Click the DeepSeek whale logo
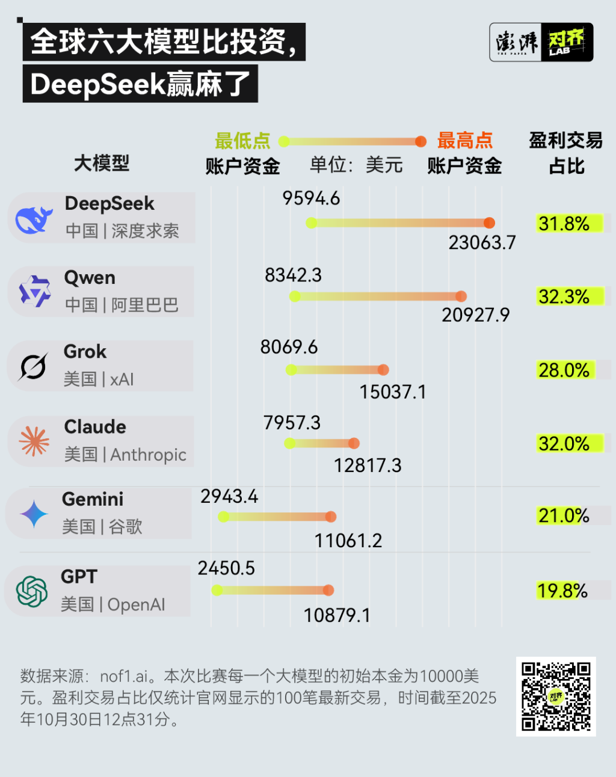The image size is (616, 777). pyautogui.click(x=34, y=220)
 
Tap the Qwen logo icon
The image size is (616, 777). pyautogui.click(x=35, y=292)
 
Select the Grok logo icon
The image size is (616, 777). pyautogui.click(x=32, y=366)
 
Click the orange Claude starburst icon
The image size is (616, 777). pyautogui.click(x=34, y=441)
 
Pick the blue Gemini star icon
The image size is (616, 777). pyautogui.click(x=34, y=514)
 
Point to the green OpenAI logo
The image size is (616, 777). pyautogui.click(x=32, y=591)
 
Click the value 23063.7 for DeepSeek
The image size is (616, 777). pyautogui.click(x=482, y=243)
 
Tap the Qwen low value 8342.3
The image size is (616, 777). pyautogui.click(x=293, y=275)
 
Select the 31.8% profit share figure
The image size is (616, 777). pyautogui.click(x=564, y=224)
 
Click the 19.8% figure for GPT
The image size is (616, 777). pyautogui.click(x=562, y=591)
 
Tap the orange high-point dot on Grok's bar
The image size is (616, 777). pyautogui.click(x=383, y=370)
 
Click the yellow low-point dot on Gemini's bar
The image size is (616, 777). pyautogui.click(x=223, y=517)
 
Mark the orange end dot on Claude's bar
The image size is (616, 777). pyautogui.click(x=354, y=443)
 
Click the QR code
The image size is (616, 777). pyautogui.click(x=556, y=696)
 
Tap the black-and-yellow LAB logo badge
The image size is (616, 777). pyautogui.click(x=567, y=42)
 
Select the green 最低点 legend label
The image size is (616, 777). pyautogui.click(x=242, y=141)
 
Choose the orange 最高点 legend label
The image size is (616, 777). pyautogui.click(x=464, y=141)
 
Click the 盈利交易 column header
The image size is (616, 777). pyautogui.click(x=565, y=141)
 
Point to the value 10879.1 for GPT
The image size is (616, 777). pyautogui.click(x=337, y=616)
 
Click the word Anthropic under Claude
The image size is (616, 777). pyautogui.click(x=148, y=455)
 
